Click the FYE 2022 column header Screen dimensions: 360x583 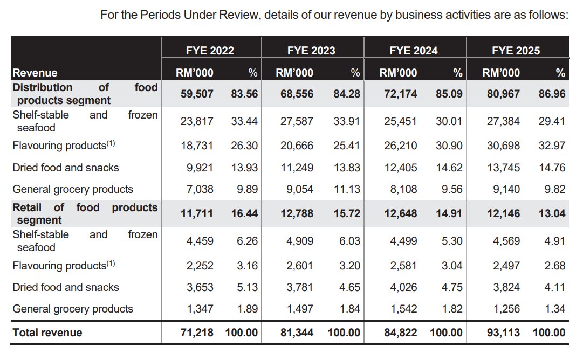pos(210,51)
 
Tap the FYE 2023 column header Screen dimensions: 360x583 pos(311,51)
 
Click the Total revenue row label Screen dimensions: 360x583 pos(47,333)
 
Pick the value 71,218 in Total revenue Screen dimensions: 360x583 pos(197,333)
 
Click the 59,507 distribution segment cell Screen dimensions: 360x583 pos(197,94)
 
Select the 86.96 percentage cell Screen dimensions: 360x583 pos(552,94)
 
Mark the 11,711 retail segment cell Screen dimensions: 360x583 pos(197,213)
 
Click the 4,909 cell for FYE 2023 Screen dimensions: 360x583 pos(300,241)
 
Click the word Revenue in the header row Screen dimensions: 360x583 pos(35,73)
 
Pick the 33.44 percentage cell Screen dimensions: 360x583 pos(244,121)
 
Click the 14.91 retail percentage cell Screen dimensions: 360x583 pos(449,213)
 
